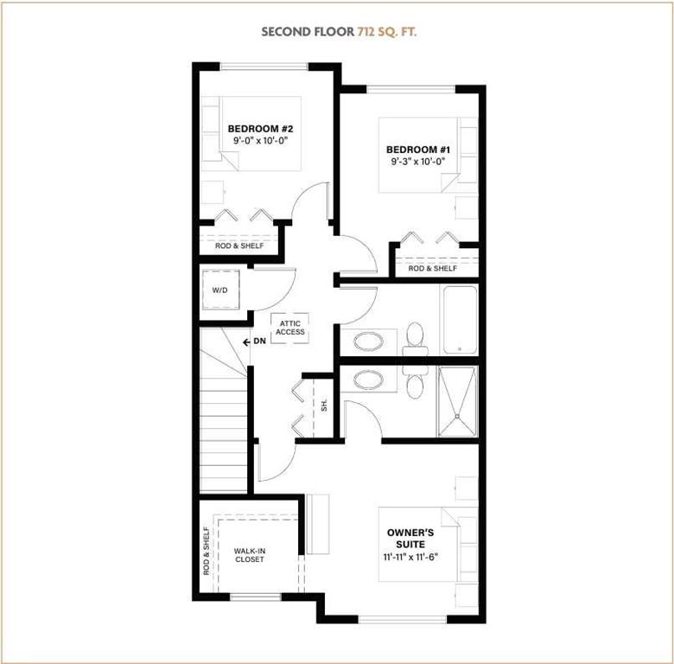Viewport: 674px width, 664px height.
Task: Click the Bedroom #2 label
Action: pyautogui.click(x=260, y=129)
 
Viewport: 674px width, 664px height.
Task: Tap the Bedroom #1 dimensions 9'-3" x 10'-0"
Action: pyautogui.click(x=418, y=162)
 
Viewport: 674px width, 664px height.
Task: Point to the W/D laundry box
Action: pyautogui.click(x=220, y=290)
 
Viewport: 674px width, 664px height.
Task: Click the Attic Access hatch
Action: pyautogui.click(x=289, y=328)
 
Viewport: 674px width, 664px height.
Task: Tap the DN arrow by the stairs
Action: pyautogui.click(x=247, y=342)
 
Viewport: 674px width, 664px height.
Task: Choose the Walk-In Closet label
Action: pyautogui.click(x=250, y=555)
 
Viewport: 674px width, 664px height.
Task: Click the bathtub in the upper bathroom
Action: pyautogui.click(x=460, y=320)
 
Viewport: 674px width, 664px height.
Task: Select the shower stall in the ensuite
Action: pyautogui.click(x=457, y=401)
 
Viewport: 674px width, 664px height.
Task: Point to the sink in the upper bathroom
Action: pyautogui.click(x=368, y=342)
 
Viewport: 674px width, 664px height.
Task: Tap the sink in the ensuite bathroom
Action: pyautogui.click(x=368, y=380)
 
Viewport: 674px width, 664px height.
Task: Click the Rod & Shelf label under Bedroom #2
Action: pyautogui.click(x=239, y=246)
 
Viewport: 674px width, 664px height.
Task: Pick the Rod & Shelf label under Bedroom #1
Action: pyautogui.click(x=432, y=268)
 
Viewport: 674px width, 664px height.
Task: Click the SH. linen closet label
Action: pyautogui.click(x=324, y=405)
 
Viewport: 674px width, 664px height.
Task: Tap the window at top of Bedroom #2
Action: pyautogui.click(x=264, y=67)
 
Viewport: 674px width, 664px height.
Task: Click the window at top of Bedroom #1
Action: pyautogui.click(x=411, y=89)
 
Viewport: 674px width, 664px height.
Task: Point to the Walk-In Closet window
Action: pyautogui.click(x=255, y=597)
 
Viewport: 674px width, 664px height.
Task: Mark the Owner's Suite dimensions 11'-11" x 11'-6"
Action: pyautogui.click(x=410, y=557)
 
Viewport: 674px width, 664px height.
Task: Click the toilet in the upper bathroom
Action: pyautogui.click(x=416, y=340)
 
